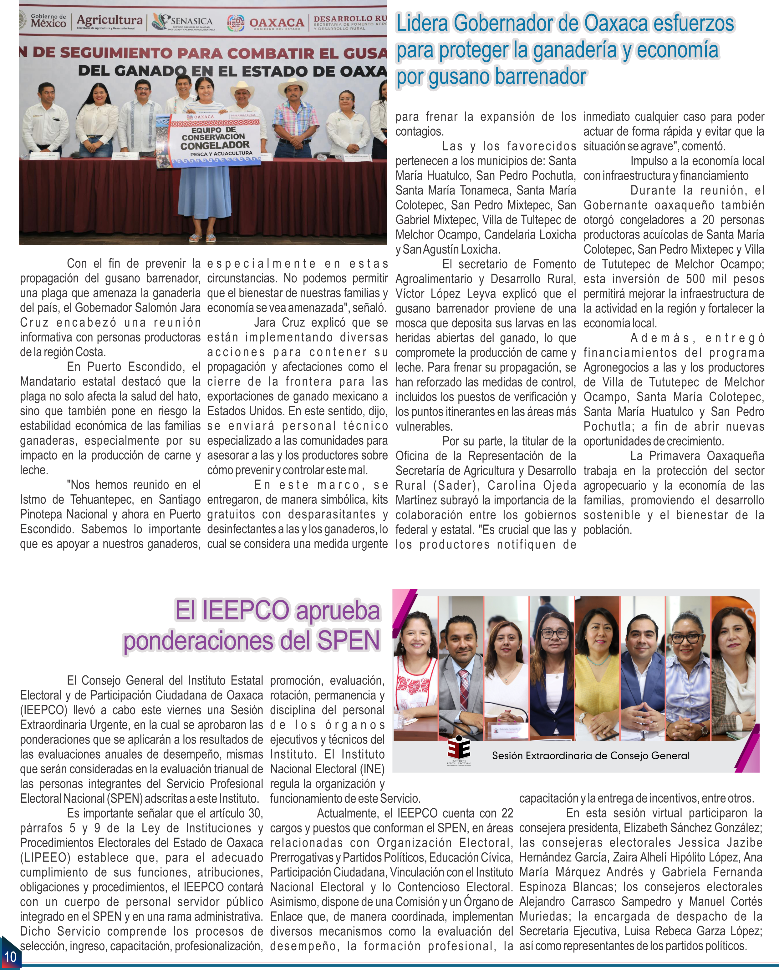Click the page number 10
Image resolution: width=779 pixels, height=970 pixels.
10,956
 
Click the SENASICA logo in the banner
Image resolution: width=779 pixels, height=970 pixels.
184,22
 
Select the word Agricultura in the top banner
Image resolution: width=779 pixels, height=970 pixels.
109,20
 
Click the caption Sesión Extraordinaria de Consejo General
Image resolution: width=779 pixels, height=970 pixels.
590,755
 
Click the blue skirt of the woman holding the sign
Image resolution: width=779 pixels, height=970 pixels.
205,198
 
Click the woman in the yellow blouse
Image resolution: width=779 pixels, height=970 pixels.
597,675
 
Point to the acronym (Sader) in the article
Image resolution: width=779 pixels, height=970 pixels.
455,485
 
